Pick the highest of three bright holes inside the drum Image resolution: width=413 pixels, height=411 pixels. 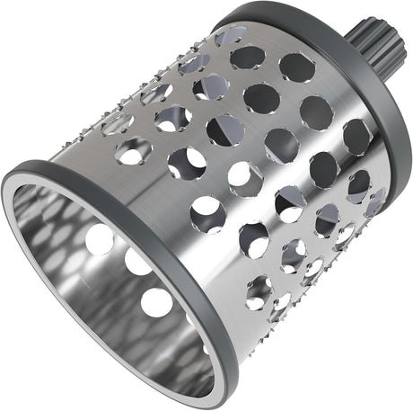coord(100,238)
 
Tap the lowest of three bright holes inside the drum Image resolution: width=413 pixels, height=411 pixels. coord(154,300)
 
